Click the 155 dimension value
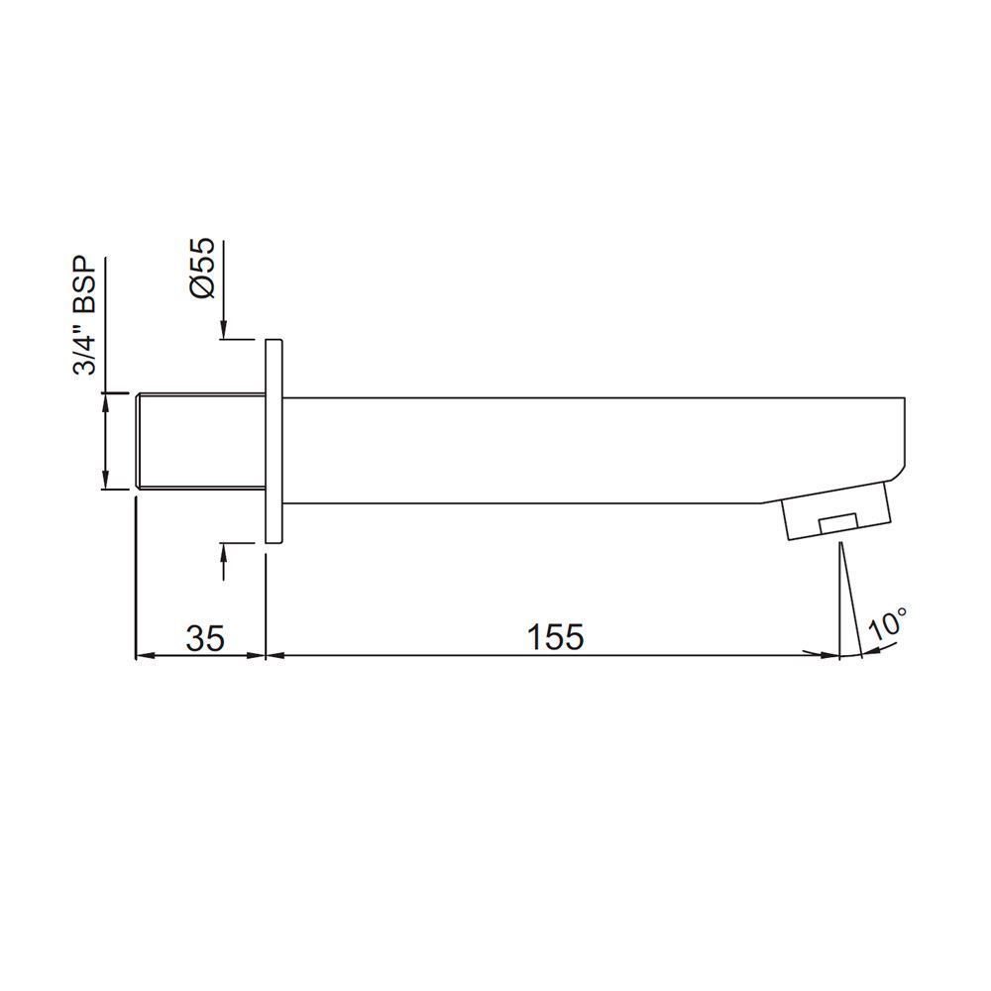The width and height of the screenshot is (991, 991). (x=555, y=636)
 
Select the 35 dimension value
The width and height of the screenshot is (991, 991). (x=205, y=636)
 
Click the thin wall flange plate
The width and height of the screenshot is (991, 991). (x=275, y=440)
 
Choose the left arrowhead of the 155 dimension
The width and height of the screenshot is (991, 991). (x=278, y=654)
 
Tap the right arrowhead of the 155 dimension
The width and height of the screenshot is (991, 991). (x=827, y=654)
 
